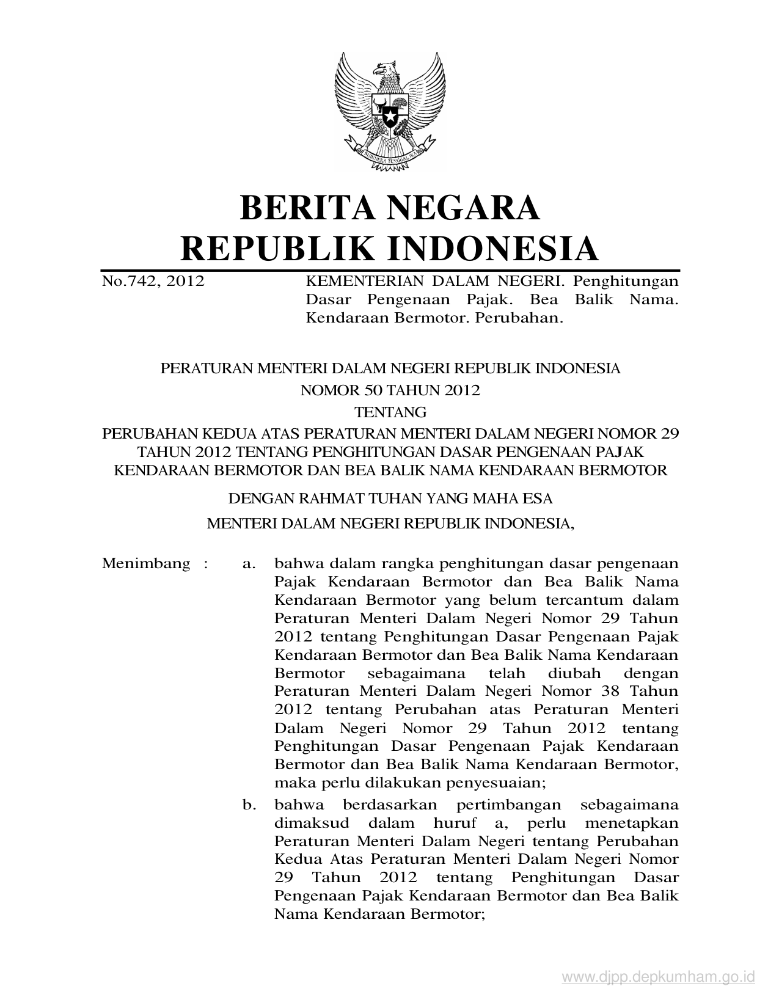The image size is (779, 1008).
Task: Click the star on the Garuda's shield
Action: pos(389,112)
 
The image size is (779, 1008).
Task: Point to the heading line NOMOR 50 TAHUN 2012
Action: pos(390,390)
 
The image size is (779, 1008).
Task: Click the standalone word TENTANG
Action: pos(390,412)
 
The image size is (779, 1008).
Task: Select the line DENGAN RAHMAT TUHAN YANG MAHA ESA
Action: pos(390,499)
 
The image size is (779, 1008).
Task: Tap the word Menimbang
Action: pos(146,563)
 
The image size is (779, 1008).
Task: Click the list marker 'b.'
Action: pos(249,805)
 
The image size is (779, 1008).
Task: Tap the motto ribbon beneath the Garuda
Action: pos(390,155)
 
